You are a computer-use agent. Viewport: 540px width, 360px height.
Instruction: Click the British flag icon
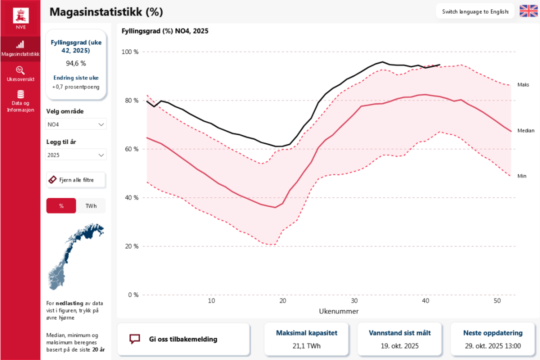[x=528, y=11]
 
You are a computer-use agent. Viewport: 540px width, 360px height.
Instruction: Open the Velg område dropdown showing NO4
[x=76, y=124]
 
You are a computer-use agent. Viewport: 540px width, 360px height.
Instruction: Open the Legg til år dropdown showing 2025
[x=76, y=155]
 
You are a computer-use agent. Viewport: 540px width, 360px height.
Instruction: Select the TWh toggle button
[x=91, y=205]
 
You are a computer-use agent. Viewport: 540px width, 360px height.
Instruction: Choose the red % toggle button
[x=61, y=205]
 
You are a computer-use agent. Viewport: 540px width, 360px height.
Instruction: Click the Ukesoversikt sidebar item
[x=20, y=73]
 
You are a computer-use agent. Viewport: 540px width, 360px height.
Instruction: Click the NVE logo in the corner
[x=20, y=18]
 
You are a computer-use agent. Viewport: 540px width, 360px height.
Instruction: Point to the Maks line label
[x=523, y=85]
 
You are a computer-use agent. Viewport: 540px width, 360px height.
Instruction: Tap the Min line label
[x=522, y=176]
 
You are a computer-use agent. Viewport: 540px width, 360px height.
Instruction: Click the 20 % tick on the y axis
[x=131, y=246]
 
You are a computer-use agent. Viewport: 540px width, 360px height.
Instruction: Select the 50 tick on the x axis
[x=497, y=301]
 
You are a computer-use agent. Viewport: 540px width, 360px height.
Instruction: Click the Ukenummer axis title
[x=338, y=311]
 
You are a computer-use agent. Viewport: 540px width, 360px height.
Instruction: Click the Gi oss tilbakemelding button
[x=183, y=339]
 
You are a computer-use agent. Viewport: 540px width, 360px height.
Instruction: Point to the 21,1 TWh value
[x=306, y=345]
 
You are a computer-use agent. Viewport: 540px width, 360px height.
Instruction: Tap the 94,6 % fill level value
[x=76, y=63]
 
